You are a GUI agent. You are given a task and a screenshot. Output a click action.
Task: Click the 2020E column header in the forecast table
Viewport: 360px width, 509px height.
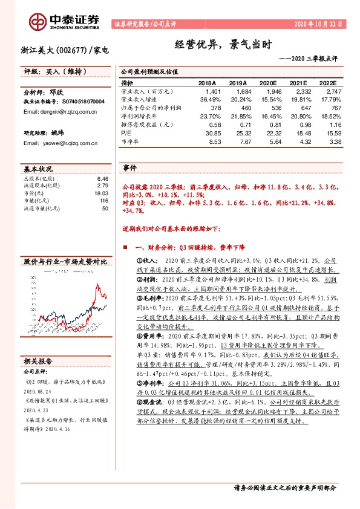pos(267,83)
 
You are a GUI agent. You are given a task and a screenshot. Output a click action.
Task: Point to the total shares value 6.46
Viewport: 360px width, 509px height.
pos(103,180)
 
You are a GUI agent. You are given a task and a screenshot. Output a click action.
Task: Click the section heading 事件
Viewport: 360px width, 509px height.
pos(129,167)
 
